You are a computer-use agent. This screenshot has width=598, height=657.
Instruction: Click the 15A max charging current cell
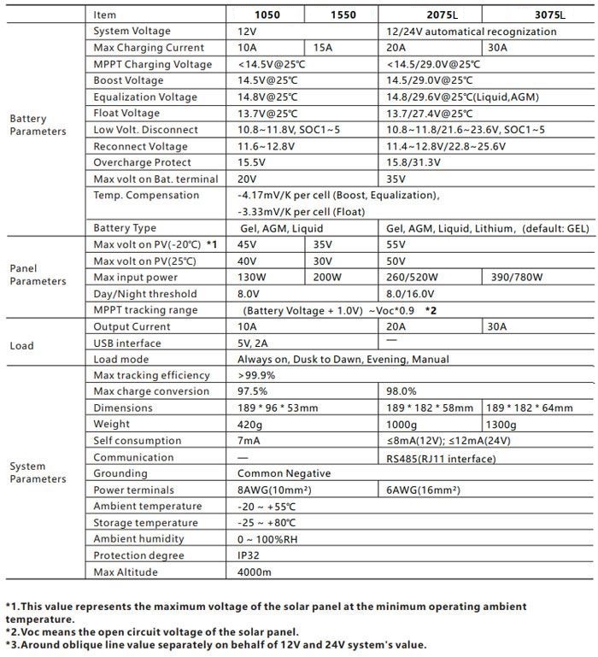[x=323, y=48]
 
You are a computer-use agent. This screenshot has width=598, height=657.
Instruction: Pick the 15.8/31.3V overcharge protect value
[x=414, y=162]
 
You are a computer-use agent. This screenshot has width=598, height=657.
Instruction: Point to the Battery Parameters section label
[x=38, y=125]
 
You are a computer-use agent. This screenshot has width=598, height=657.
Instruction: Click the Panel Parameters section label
[x=38, y=274]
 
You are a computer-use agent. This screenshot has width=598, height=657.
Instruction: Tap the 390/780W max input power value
[x=523, y=277]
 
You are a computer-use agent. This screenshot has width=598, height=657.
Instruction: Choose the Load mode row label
[x=121, y=360]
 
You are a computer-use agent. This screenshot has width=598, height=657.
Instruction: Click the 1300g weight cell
[x=503, y=425]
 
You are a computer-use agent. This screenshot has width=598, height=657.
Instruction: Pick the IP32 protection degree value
[x=249, y=555]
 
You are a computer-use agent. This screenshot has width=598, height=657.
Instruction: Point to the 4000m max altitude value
[x=255, y=572]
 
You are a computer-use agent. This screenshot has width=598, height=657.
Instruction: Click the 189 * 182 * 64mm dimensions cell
[x=530, y=408]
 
